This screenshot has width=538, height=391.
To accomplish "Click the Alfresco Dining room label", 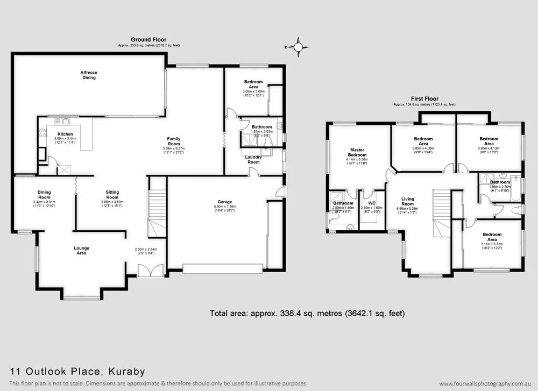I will tap(89, 75).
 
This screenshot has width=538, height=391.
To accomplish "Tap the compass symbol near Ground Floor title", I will tap(297, 47).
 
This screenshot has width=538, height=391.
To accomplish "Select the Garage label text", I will tap(225, 202).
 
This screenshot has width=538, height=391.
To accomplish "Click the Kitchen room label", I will tap(65, 134).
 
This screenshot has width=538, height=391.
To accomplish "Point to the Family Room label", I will tap(173, 141).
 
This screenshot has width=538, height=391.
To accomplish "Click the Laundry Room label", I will tap(253, 159).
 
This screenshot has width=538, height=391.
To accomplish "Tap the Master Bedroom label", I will tap(358, 153).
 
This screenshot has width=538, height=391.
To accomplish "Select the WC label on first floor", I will tap(371, 203).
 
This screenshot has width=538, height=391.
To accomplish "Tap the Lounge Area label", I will tap(81, 251).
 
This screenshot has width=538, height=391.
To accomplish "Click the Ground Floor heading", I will tap(148, 39).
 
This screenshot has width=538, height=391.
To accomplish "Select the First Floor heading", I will tap(424, 99).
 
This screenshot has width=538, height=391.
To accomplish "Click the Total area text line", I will tap(306, 312).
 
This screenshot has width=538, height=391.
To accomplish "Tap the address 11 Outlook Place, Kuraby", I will tap(77, 372).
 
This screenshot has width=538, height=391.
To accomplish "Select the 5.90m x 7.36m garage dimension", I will tap(225, 207).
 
